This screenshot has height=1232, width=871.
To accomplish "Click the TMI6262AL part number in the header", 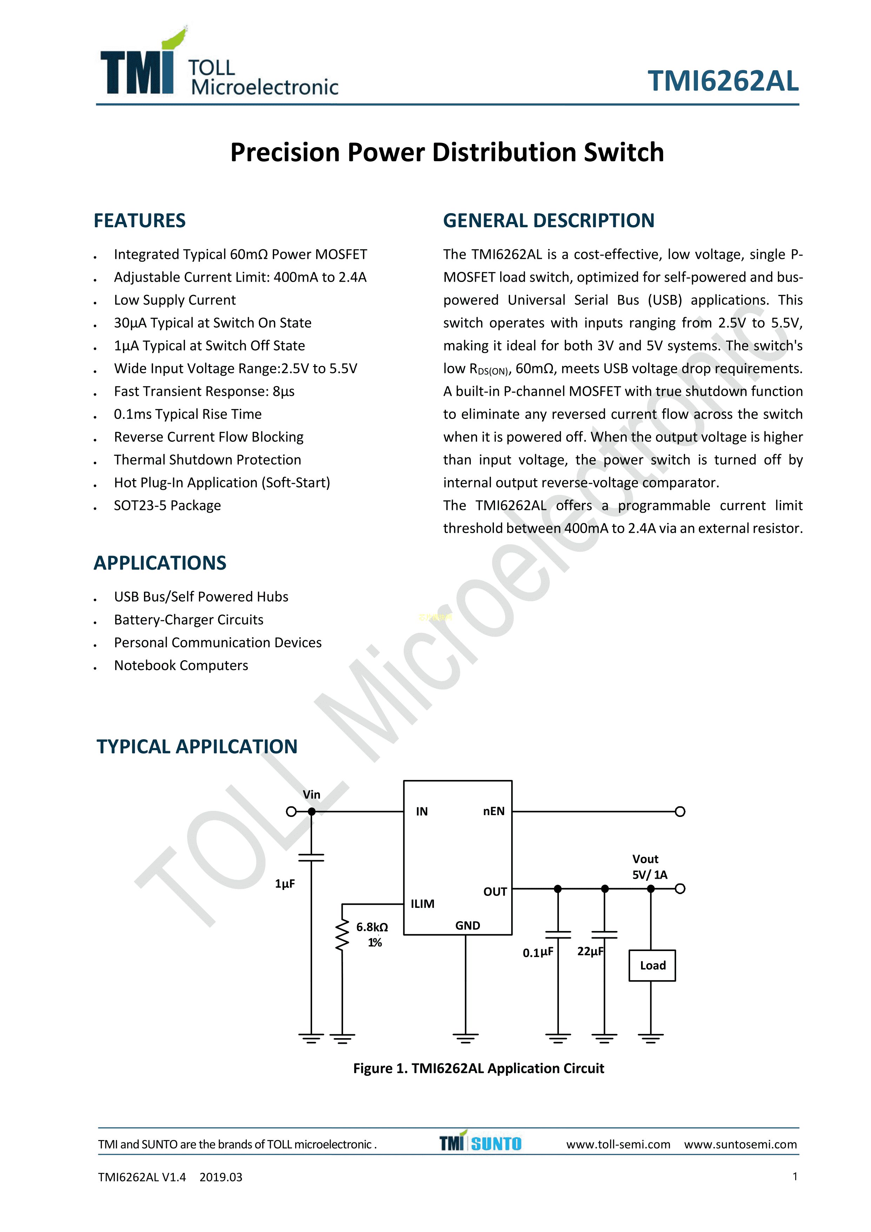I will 722,81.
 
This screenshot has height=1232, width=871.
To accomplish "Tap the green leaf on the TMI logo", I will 175,39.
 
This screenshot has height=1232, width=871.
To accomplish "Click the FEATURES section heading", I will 139,221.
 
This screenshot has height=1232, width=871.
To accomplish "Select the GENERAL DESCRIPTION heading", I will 548,221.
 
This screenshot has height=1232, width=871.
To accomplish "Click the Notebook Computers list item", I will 181,666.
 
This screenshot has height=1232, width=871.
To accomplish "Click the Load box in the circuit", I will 652,965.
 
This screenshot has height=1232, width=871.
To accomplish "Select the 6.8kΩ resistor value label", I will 372,927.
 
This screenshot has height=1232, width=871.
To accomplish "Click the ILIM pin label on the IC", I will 422,904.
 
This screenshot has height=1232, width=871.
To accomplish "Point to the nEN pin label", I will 493,811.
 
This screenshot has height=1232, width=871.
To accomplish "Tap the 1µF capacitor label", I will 285,884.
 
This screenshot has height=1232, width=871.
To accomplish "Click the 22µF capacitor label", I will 590,951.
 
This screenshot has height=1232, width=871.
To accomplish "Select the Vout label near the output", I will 645,859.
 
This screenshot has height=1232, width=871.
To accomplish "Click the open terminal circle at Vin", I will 291,811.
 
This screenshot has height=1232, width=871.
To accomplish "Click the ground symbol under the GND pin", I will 466,1037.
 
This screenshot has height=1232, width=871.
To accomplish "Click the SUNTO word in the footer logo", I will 496,1144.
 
